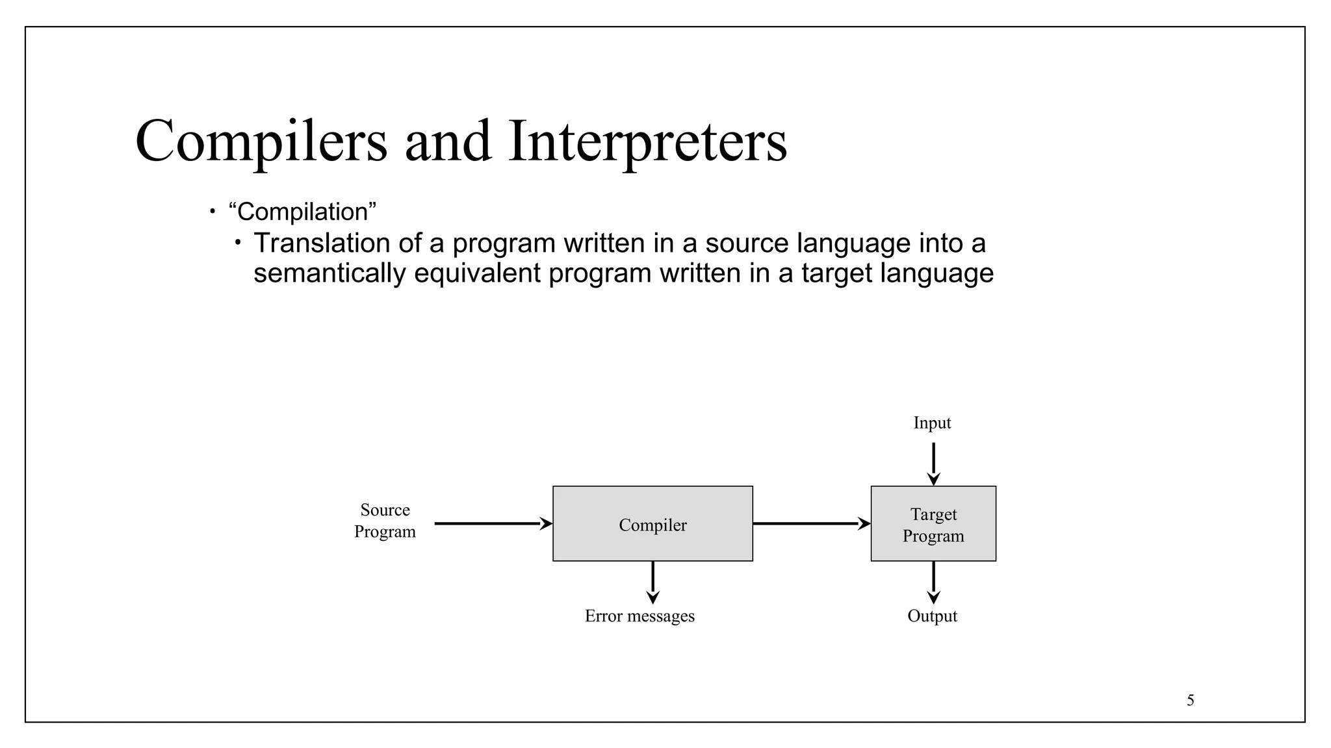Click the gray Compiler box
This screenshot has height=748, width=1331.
653,523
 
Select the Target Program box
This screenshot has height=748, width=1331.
933,523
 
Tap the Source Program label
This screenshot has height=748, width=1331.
385,521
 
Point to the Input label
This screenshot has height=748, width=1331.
932,423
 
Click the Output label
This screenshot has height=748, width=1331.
932,616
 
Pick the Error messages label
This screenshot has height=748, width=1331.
640,616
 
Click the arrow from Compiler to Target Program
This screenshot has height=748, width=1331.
811,523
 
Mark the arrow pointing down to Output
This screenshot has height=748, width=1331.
933,582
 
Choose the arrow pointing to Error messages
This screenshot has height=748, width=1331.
653,582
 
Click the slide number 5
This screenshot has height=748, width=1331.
1190,700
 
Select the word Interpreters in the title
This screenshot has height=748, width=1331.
647,142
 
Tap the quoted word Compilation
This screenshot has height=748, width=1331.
303,212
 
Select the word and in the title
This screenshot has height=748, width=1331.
448,142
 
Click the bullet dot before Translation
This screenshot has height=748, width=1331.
238,243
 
